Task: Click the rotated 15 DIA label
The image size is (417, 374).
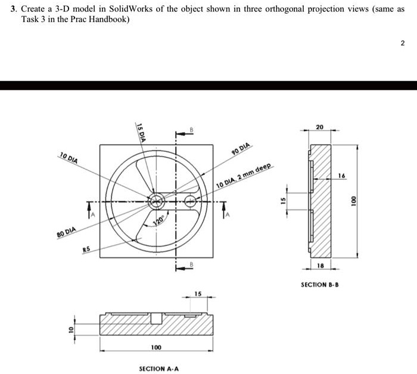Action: click(140, 131)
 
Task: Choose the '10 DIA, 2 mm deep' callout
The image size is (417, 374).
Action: click(244, 177)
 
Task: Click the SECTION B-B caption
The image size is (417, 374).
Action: click(320, 285)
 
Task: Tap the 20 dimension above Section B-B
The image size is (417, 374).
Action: click(320, 127)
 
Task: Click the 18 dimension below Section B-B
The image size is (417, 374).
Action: click(320, 266)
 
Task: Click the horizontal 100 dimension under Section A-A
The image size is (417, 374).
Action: click(155, 347)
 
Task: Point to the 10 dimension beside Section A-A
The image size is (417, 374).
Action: click(70, 329)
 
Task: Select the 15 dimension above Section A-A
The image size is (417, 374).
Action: click(198, 294)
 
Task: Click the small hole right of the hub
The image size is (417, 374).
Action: click(190, 201)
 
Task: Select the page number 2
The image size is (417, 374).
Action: click(403, 43)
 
